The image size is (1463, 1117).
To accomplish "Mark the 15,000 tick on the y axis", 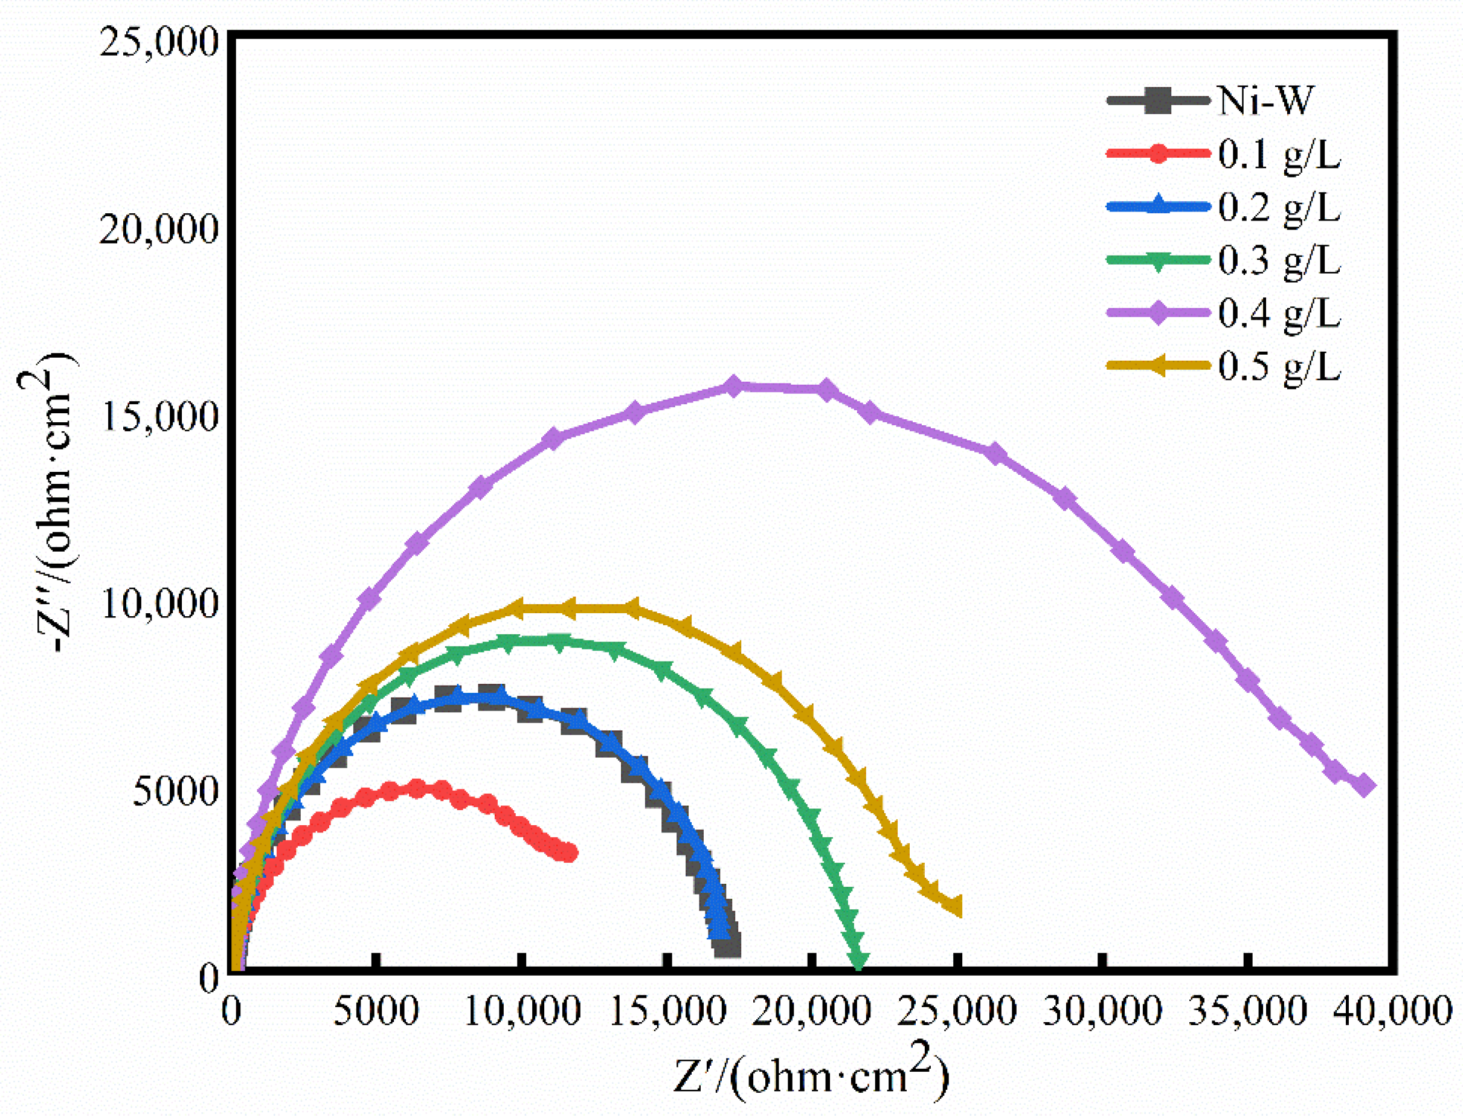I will [159, 416].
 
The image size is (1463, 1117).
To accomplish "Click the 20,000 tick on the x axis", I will [811, 1011].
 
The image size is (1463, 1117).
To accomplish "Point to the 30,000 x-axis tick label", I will [1102, 1011].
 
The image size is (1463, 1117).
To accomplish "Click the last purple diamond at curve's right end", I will [1364, 786].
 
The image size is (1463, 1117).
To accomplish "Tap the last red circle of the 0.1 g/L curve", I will [568, 852].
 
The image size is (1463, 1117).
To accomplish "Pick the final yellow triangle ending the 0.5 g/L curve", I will [954, 906].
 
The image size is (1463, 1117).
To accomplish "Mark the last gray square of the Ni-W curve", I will [728, 944].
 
